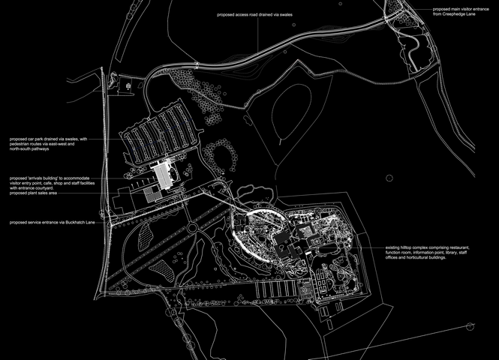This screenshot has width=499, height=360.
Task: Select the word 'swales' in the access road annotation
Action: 296,14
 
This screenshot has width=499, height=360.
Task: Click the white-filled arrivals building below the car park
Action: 163,175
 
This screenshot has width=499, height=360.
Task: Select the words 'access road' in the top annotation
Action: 247,14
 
